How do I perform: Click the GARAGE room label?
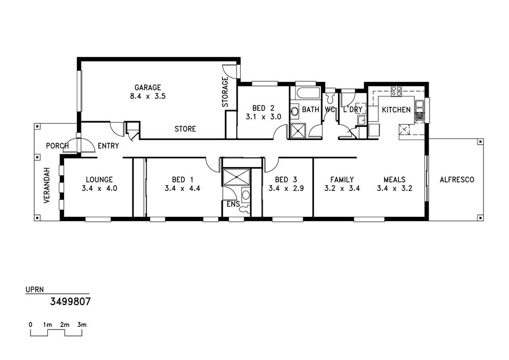click(x=148, y=87)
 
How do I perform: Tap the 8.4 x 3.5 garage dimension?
click(x=148, y=96)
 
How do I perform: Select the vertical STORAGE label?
click(x=225, y=92)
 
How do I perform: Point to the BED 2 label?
click(x=263, y=108)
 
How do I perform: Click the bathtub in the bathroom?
click(x=305, y=93)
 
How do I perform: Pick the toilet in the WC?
click(x=330, y=96)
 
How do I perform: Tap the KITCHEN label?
click(x=396, y=109)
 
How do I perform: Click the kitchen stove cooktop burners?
click(x=397, y=91)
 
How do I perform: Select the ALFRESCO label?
click(x=457, y=180)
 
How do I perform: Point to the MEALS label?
click(x=394, y=180)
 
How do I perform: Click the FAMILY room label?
click(x=342, y=180)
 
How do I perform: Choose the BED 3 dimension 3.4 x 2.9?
click(x=286, y=188)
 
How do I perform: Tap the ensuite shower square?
click(x=236, y=177)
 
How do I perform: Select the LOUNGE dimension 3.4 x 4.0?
click(x=99, y=188)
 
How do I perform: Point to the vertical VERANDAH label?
click(x=47, y=185)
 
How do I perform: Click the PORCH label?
click(x=58, y=146)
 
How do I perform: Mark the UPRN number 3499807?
click(x=70, y=302)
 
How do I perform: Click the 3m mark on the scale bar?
click(x=82, y=325)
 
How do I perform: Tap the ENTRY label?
click(x=108, y=146)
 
